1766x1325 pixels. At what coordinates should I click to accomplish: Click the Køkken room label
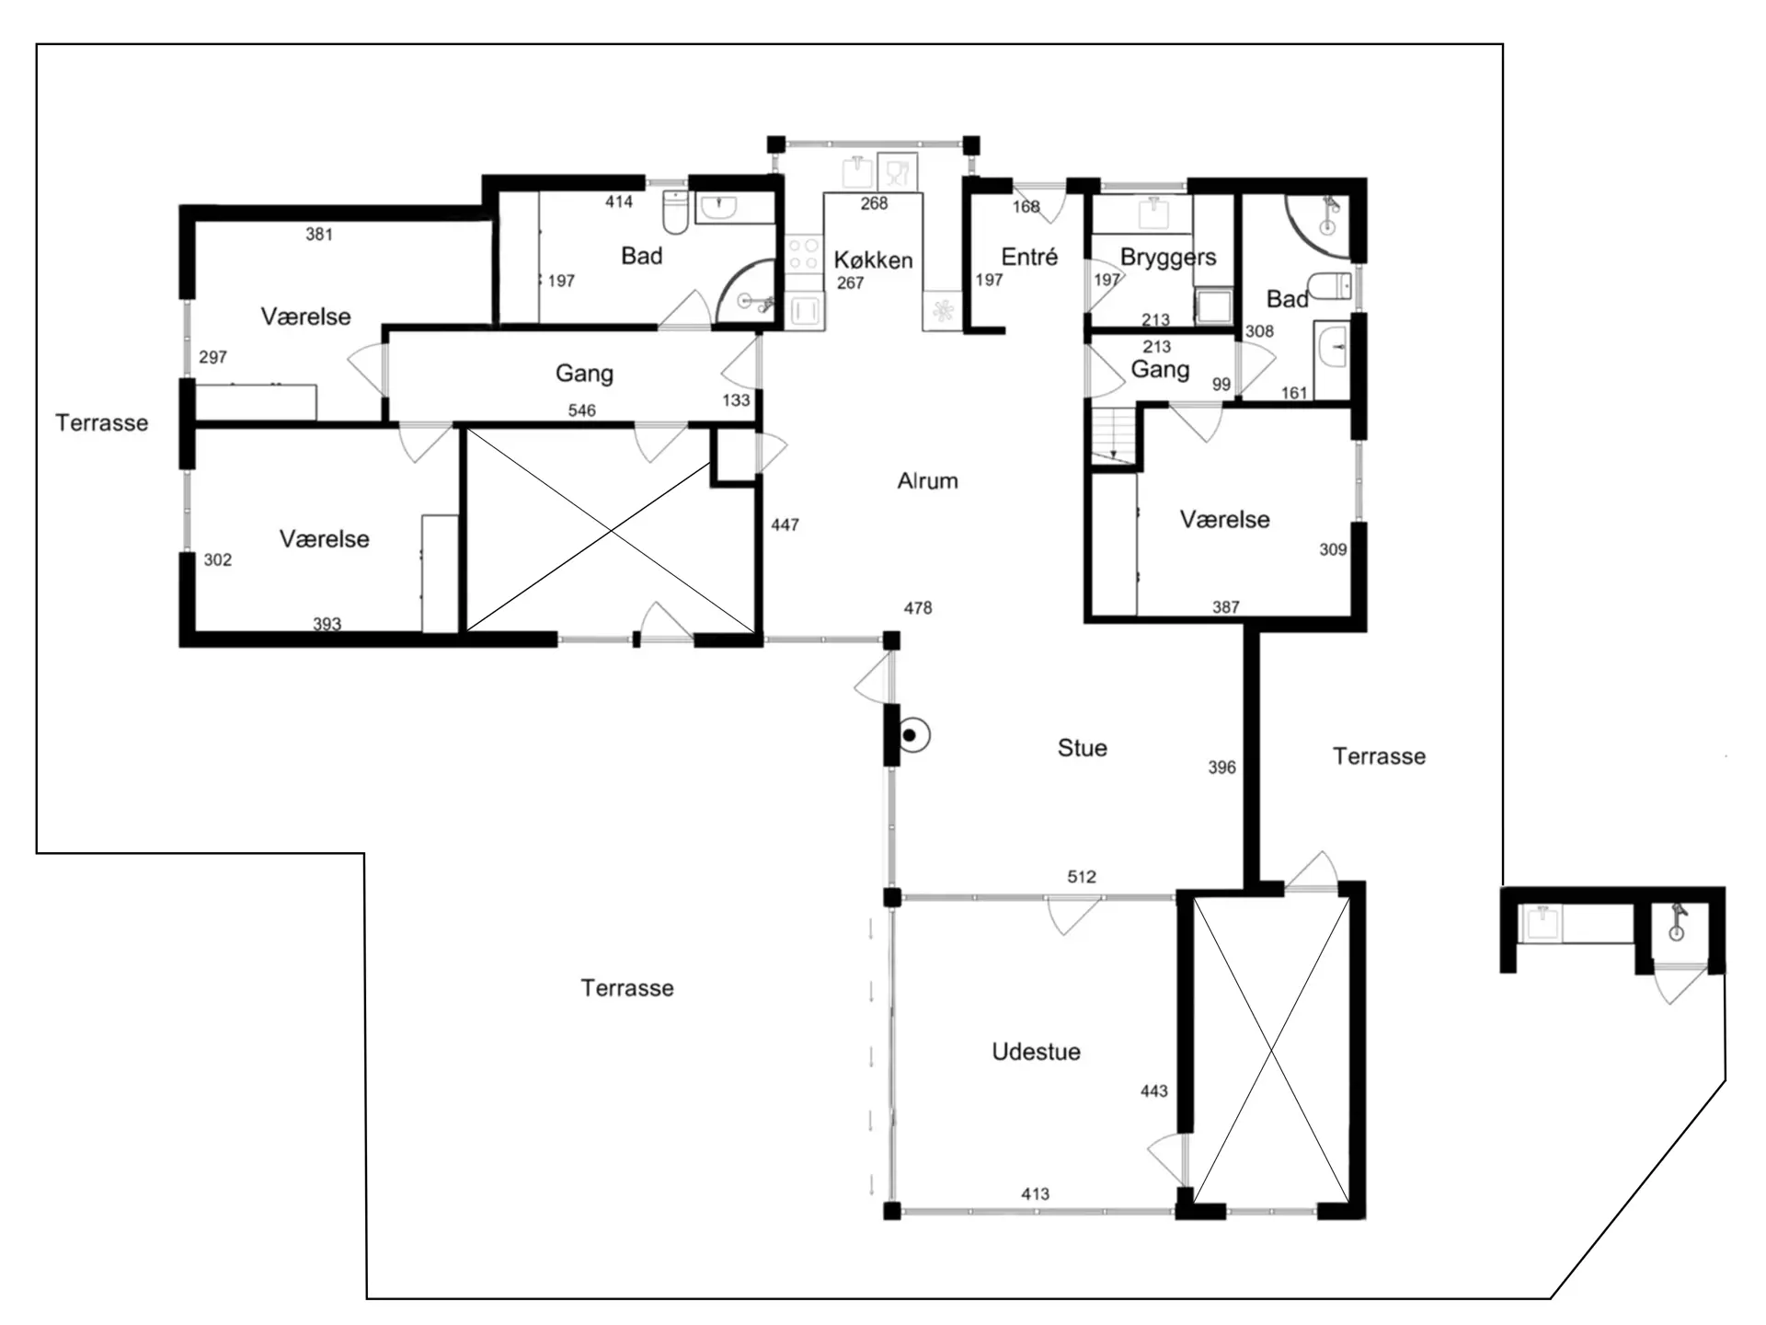873,260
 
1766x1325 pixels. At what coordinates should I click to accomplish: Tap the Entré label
1029,257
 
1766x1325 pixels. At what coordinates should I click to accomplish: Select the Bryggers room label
1168,258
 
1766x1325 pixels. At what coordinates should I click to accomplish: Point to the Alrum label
927,480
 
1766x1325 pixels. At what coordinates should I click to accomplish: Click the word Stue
1082,748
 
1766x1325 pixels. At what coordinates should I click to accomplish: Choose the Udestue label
1036,1052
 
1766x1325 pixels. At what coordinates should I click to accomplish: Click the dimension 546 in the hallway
581,410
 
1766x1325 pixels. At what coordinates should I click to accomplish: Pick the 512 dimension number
1082,877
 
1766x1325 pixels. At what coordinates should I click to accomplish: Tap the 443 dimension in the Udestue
1153,1091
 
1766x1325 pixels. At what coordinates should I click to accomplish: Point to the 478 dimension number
918,608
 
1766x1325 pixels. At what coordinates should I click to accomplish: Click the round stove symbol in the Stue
912,735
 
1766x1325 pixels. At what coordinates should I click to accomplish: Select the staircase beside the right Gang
1114,434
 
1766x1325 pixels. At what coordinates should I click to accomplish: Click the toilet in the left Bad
675,212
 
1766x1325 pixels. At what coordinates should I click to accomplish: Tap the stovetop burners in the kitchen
803,253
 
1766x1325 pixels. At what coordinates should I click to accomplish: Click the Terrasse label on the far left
101,423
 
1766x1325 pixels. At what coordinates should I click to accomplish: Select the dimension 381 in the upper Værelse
319,235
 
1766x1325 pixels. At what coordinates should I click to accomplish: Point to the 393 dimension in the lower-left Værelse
327,624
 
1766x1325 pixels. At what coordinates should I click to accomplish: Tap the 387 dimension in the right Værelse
1225,607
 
